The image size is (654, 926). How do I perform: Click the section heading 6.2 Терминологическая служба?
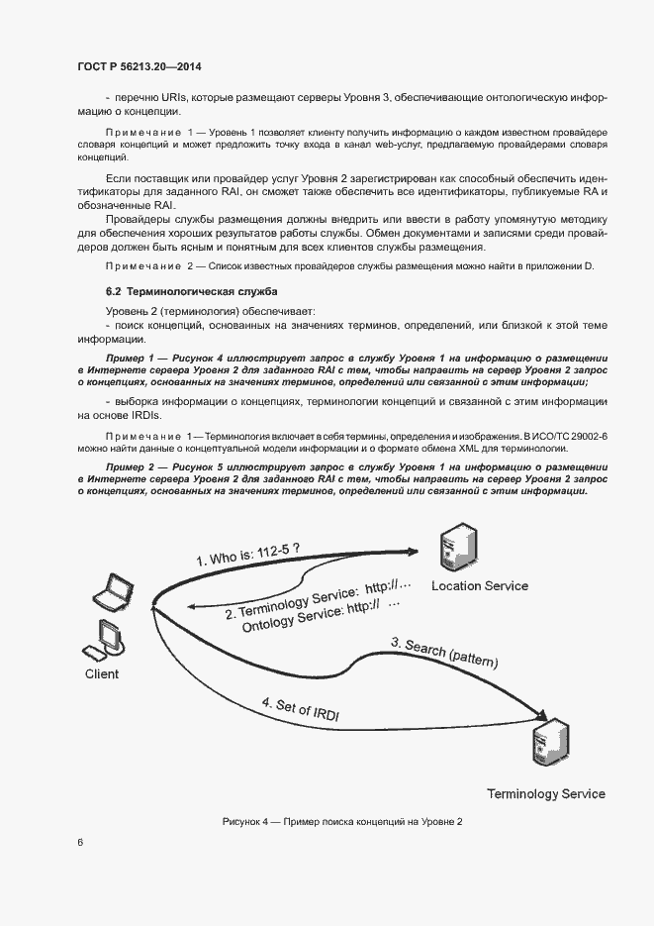[192, 292]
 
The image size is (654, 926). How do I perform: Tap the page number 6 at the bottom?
[80, 842]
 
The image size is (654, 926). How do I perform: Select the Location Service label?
[480, 585]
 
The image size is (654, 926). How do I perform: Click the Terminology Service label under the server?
[545, 794]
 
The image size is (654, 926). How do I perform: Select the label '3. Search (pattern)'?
[444, 652]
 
